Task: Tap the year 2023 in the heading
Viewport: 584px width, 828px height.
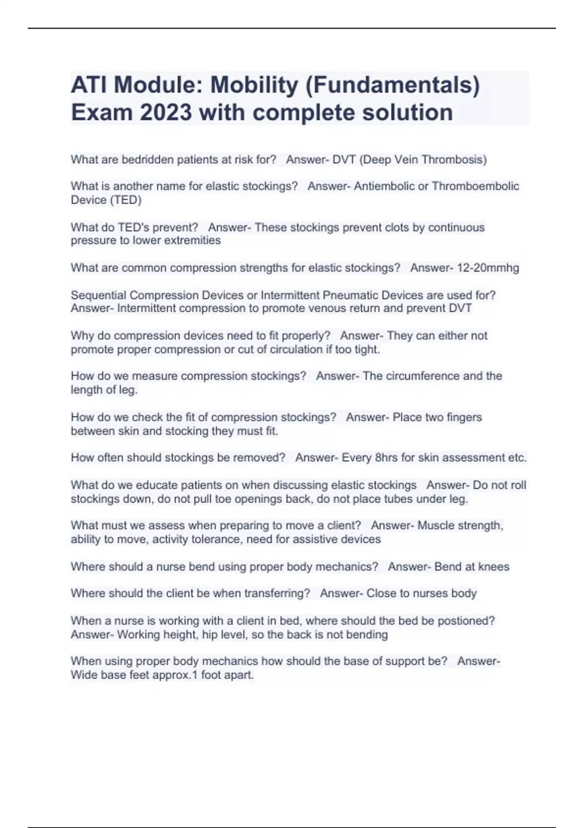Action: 166,113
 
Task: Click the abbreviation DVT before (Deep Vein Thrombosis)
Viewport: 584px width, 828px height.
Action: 344,160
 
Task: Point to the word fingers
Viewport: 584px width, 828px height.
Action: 462,417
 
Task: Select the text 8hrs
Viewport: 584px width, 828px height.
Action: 386,458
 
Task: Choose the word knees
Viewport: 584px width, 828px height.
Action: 493,567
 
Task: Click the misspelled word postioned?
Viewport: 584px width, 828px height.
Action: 466,621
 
